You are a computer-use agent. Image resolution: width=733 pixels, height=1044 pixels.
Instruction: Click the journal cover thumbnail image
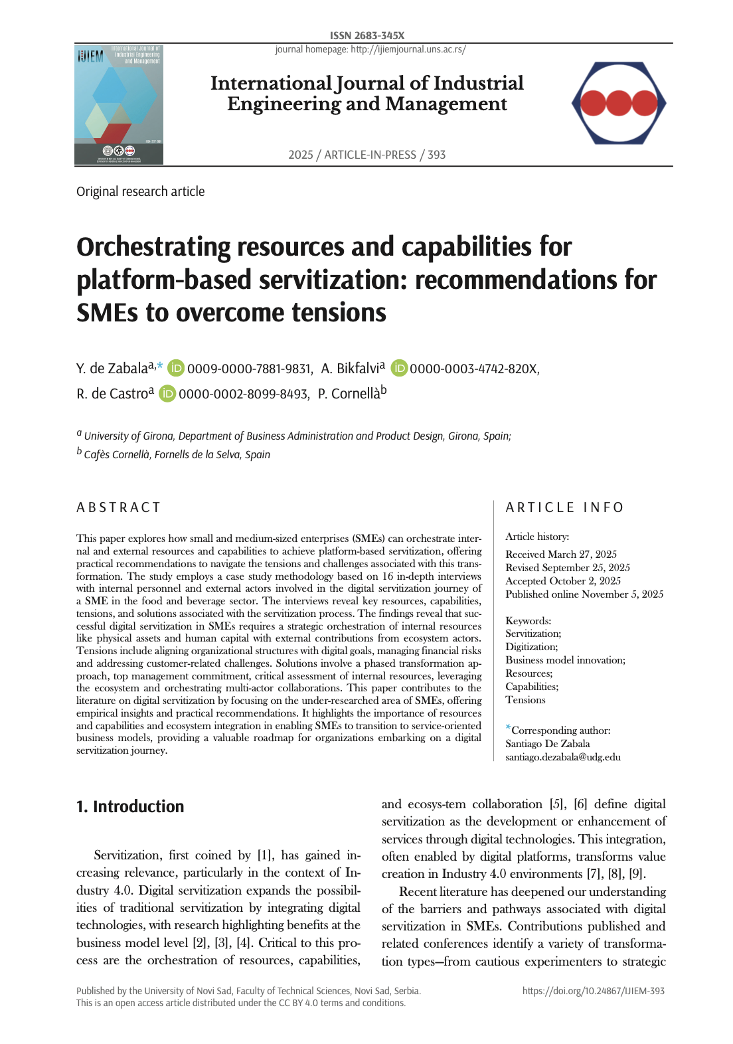point(119,105)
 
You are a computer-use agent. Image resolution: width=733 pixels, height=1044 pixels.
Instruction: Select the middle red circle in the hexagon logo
point(619,103)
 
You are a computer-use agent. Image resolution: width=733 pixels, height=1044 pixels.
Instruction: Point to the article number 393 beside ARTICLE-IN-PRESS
point(436,155)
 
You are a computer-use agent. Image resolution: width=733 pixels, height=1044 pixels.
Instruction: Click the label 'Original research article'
point(140,191)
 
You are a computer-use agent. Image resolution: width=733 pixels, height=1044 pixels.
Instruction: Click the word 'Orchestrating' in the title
point(153,247)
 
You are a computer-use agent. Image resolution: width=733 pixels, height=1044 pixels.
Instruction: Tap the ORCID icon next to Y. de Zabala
point(175,368)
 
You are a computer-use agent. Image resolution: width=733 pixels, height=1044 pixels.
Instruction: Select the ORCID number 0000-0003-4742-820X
point(473,369)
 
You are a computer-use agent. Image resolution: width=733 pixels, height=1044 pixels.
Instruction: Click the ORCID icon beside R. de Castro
point(167,394)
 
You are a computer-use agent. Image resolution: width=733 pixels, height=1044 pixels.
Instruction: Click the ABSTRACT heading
point(118,507)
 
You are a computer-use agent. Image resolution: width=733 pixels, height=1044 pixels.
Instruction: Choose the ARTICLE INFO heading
point(564,507)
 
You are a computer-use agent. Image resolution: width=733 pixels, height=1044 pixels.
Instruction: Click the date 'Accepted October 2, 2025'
point(563,581)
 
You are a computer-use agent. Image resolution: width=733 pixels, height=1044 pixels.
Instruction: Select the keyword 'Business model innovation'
point(564,660)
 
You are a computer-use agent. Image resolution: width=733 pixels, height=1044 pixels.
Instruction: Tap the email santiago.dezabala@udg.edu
point(563,757)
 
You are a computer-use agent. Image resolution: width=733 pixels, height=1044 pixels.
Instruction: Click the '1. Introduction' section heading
point(130,806)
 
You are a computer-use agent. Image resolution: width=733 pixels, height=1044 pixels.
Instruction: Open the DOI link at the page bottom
point(593,991)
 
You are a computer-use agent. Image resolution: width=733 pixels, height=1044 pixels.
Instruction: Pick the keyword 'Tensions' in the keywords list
point(525,700)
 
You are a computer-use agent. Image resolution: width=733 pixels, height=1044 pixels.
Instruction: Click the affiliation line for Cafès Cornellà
point(177,455)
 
